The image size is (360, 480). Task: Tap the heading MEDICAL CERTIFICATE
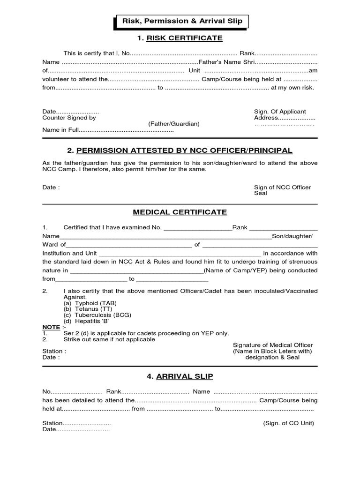tap(180, 212)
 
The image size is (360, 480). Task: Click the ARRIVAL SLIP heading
tap(180, 376)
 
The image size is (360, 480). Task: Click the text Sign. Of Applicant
tap(280, 112)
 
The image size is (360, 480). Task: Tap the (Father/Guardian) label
tap(174, 124)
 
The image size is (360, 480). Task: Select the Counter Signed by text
tap(69, 118)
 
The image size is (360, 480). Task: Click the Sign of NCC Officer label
tap(282, 187)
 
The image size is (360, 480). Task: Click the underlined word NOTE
tap(51, 327)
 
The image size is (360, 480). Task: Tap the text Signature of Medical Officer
tap(272, 345)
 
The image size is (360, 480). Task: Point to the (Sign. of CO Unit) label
tap(289, 423)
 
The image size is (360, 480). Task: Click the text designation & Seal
tap(273, 357)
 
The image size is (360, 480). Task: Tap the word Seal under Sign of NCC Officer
tap(260, 194)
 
